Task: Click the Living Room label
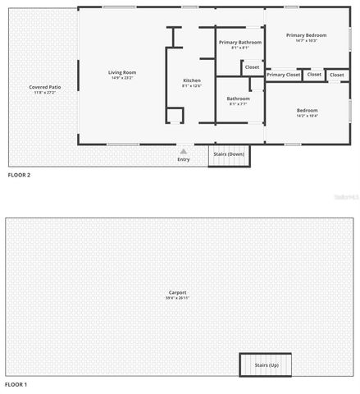[x=121, y=73]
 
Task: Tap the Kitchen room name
[x=191, y=80]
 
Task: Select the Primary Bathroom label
[x=240, y=42]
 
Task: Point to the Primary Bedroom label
[x=306, y=35]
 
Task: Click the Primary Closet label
[x=283, y=75]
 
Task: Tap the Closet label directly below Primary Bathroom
[x=253, y=67]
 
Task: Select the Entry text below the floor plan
[x=183, y=159]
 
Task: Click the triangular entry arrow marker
[x=183, y=151]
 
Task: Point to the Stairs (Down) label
[x=229, y=153]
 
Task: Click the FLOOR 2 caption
[x=19, y=176]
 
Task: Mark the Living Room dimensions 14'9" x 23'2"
[x=121, y=79]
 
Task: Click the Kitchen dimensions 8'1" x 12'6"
[x=191, y=85]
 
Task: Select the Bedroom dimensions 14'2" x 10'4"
[x=307, y=116]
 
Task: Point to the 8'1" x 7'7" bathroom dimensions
[x=239, y=104]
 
